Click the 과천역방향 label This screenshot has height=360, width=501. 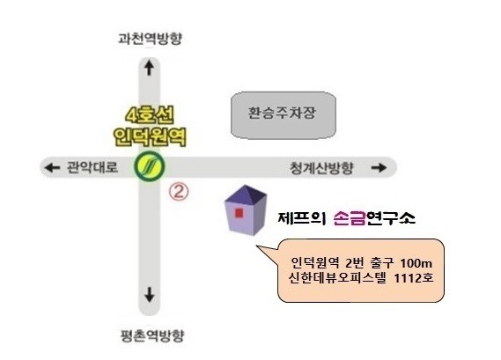pyautogui.click(x=150, y=39)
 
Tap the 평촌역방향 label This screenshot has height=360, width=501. pyautogui.click(x=152, y=335)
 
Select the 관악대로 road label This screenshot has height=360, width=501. pyautogui.click(x=92, y=167)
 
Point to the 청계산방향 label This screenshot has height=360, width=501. pyautogui.click(x=321, y=168)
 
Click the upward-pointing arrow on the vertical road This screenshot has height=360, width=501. pyautogui.click(x=149, y=68)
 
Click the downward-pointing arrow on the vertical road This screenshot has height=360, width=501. pyautogui.click(x=149, y=295)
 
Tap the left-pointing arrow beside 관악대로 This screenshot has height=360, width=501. pyautogui.click(x=52, y=167)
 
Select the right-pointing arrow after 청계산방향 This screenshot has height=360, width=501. pyautogui.click(x=379, y=168)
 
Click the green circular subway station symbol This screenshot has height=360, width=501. pyautogui.click(x=149, y=166)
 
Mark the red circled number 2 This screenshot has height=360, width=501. pyautogui.click(x=179, y=191)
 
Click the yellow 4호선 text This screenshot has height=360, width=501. pyautogui.click(x=150, y=115)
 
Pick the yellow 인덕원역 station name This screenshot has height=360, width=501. pyautogui.click(x=150, y=136)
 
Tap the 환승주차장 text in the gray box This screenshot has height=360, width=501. pyautogui.click(x=282, y=113)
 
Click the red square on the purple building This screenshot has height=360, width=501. pyautogui.click(x=239, y=213)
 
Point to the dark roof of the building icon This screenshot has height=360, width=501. pyautogui.click(x=246, y=194)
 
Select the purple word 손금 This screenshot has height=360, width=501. pyautogui.click(x=350, y=218)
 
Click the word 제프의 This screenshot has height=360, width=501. pyautogui.click(x=302, y=218)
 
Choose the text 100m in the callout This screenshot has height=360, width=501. pyautogui.click(x=416, y=263)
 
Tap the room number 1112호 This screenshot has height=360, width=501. pyautogui.click(x=414, y=278)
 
